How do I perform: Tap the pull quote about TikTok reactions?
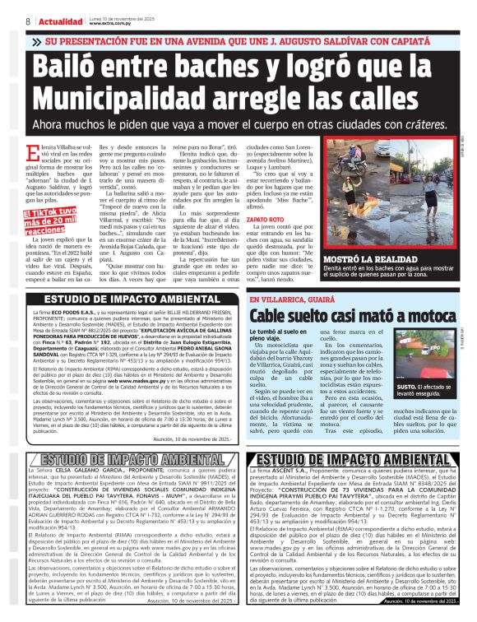click(56, 216)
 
